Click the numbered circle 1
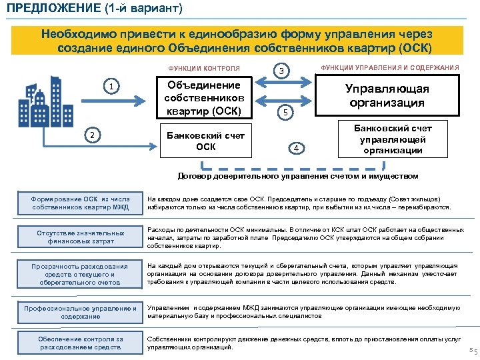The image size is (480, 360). pos(114,86)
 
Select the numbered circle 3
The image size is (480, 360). pos(282,71)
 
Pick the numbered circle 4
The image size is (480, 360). pos(298,147)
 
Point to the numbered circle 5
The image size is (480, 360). pos(285,113)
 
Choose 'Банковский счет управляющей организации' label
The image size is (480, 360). pos(392,139)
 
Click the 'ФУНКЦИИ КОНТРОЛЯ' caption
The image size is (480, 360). pos(204,69)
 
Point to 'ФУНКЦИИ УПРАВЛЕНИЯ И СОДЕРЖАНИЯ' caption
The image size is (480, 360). pos(390,68)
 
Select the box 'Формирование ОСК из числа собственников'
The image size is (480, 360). pos(79,203)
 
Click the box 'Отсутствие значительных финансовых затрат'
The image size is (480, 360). pos(79,237)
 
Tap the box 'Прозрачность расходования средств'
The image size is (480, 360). pos(79,274)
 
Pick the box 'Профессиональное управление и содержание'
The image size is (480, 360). pos(79,312)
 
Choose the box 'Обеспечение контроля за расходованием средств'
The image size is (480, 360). pos(79,343)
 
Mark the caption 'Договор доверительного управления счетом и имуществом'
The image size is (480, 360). pos(297,176)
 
